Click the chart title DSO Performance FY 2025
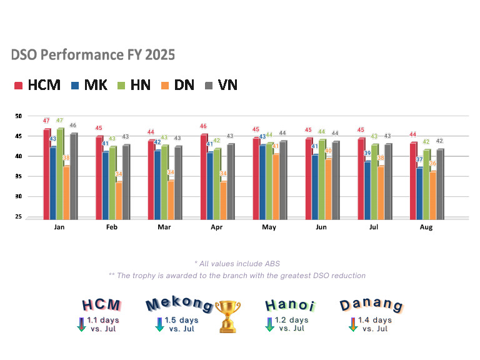(93, 55)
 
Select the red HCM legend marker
(19, 86)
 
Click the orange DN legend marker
(164, 86)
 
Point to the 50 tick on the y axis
(18, 116)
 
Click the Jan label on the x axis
(60, 227)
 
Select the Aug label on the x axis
(426, 227)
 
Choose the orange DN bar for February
(117, 200)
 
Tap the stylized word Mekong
(179, 304)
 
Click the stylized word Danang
(371, 305)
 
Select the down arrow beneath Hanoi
(269, 324)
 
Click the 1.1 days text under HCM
(103, 320)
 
